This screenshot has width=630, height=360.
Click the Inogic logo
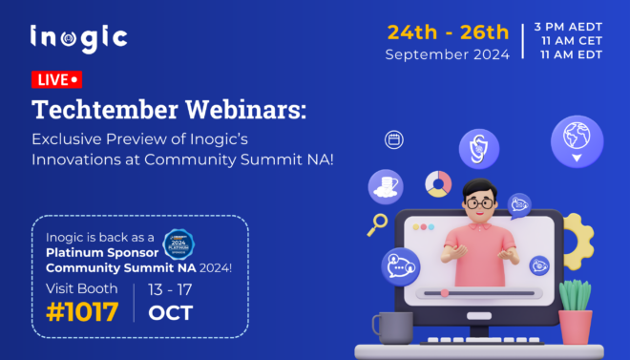[x=78, y=38]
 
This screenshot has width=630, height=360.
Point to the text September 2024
[x=447, y=54]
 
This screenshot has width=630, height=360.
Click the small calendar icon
[x=393, y=140]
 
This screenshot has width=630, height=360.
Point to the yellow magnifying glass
[x=378, y=225]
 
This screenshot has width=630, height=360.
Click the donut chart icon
[x=438, y=183]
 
